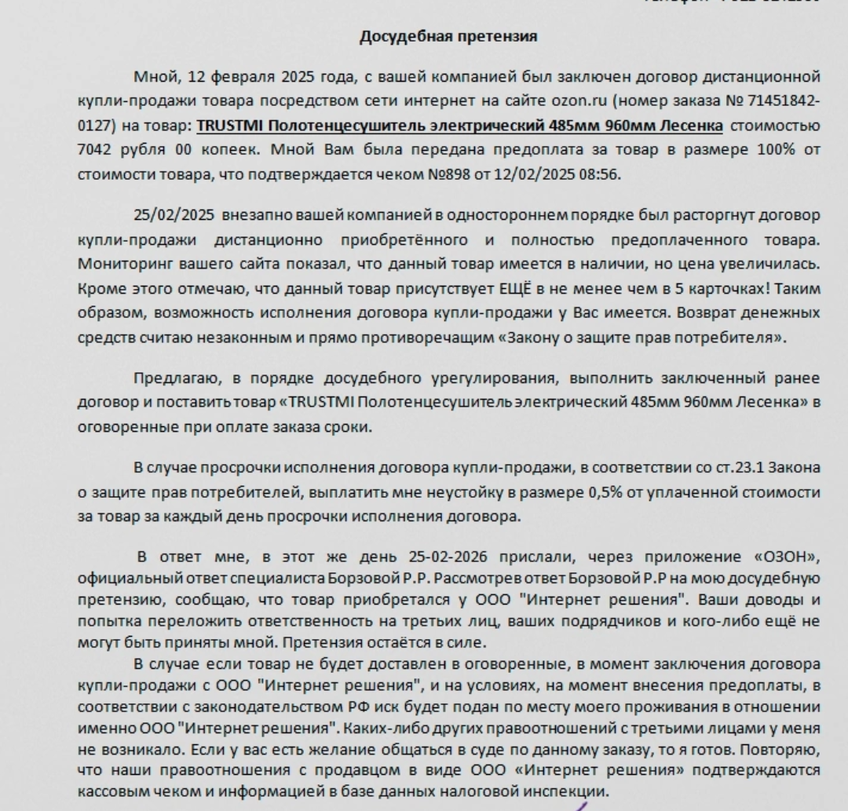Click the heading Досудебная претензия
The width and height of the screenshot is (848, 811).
point(448,36)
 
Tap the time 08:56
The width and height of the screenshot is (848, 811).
point(600,174)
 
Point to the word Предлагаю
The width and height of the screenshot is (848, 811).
point(178,378)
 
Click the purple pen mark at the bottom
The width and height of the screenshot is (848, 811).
point(579,806)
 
